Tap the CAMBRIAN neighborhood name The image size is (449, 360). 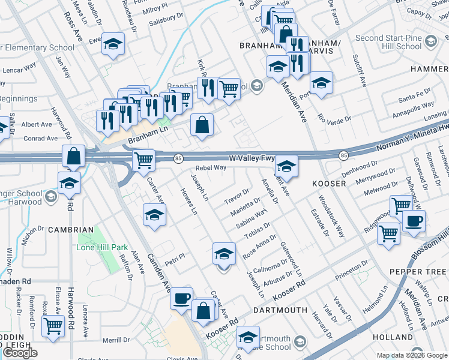tap(72, 230)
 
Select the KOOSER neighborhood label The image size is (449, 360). tap(328, 183)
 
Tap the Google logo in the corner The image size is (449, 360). tap(20, 353)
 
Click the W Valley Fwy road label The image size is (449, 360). tap(252, 158)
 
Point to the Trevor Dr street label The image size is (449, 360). tap(237, 195)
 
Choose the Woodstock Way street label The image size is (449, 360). tap(331, 216)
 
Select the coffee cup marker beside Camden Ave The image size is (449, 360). tap(182, 298)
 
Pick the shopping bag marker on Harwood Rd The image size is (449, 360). tap(73, 156)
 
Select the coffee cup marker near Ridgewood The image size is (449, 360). tap(414, 221)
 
